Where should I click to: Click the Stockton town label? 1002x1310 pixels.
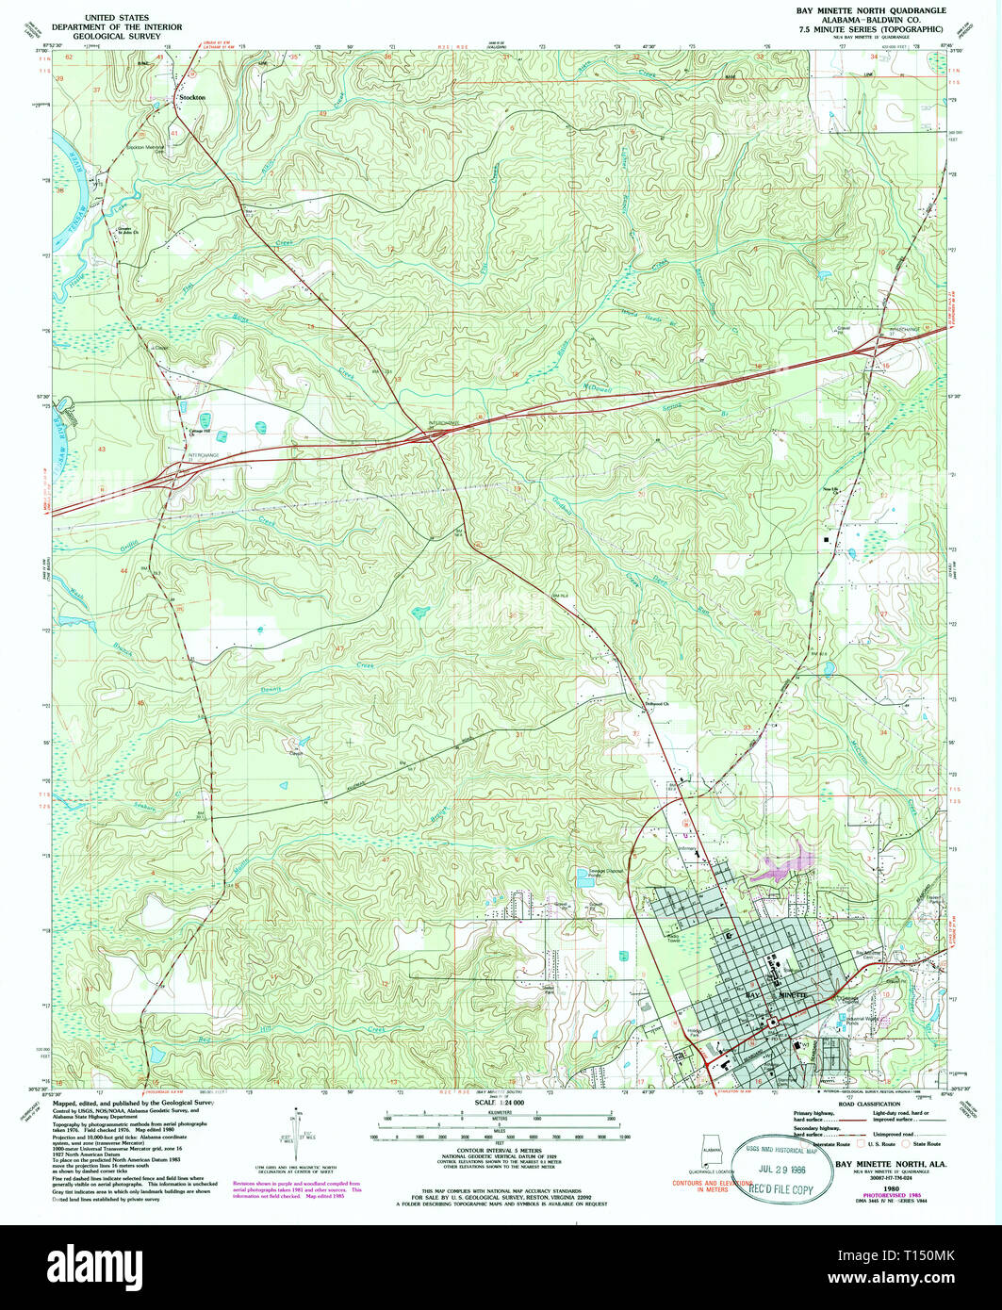(191, 97)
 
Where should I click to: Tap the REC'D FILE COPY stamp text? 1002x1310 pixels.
(778, 1189)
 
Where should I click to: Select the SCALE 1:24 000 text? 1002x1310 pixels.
(501, 1103)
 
